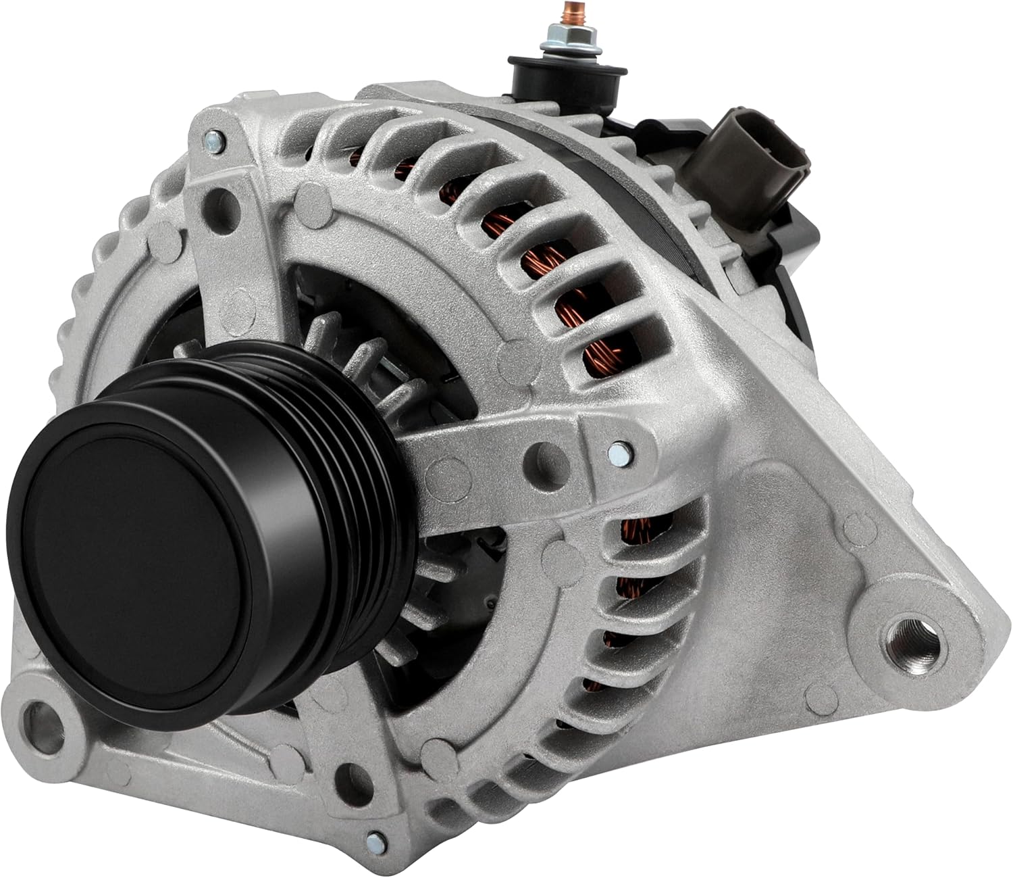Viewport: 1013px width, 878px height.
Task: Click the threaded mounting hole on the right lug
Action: click(912, 635)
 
